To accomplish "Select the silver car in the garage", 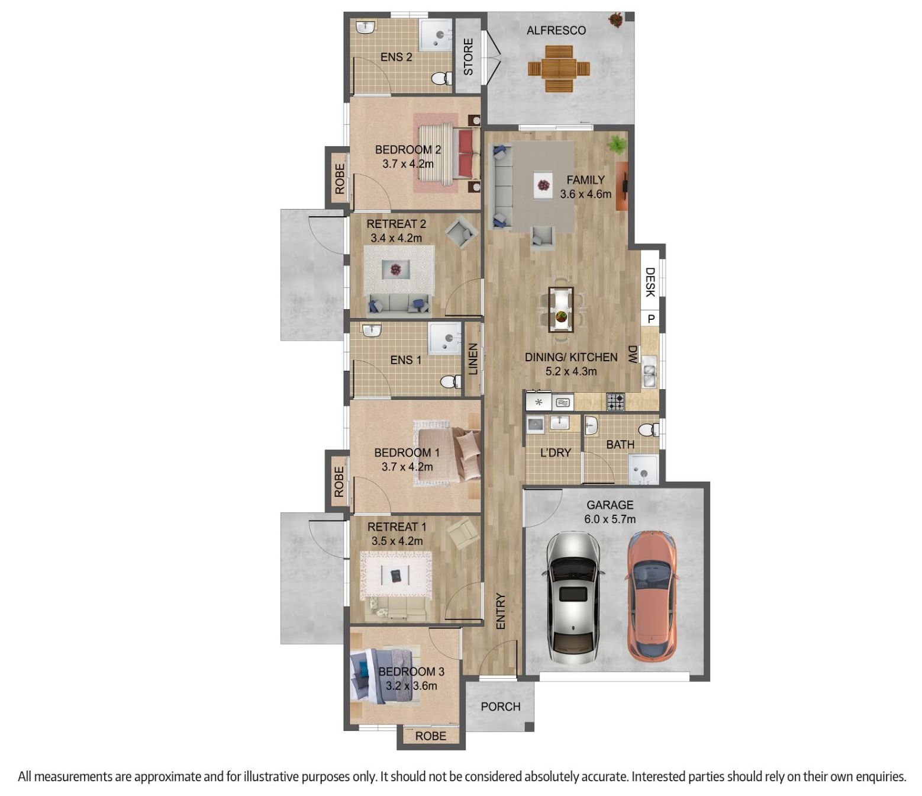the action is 573,598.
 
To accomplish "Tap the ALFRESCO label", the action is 556,30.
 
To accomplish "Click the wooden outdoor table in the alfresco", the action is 559,69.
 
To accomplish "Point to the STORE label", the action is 468,57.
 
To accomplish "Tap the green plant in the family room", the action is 617,145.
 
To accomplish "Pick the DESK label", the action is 650,282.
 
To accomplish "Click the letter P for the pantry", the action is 651,319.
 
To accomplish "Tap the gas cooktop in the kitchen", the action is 615,402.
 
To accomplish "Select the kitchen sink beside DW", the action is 649,371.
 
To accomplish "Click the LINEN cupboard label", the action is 473,359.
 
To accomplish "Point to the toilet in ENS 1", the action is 450,381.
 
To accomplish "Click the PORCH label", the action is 501,707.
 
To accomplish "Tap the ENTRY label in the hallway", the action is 501,611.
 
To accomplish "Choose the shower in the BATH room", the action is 643,470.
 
